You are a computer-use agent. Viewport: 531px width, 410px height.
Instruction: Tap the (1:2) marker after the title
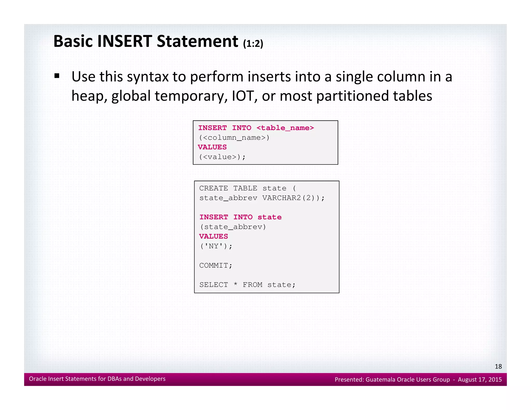[253, 44]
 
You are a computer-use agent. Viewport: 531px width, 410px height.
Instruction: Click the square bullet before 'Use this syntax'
[57, 76]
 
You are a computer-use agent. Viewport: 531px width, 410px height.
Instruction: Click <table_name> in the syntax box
[285, 128]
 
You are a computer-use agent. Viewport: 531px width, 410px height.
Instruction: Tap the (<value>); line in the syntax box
[222, 157]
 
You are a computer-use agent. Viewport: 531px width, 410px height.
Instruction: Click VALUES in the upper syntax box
[212, 147]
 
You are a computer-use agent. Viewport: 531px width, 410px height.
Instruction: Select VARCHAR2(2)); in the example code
[293, 198]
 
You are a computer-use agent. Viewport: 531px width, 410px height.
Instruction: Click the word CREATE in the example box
[214, 188]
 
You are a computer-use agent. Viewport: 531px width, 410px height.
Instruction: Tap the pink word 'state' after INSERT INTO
[270, 217]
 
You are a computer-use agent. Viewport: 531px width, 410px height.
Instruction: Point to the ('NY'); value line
[216, 246]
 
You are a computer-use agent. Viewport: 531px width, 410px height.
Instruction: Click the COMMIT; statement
[216, 265]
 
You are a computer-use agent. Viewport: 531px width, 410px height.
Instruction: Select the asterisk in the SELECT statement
[235, 284]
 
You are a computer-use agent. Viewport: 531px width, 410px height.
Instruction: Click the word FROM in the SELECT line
[253, 285]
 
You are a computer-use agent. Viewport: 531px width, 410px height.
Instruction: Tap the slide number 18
[498, 366]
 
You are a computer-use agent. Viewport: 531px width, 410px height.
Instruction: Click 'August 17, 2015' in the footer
[480, 380]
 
